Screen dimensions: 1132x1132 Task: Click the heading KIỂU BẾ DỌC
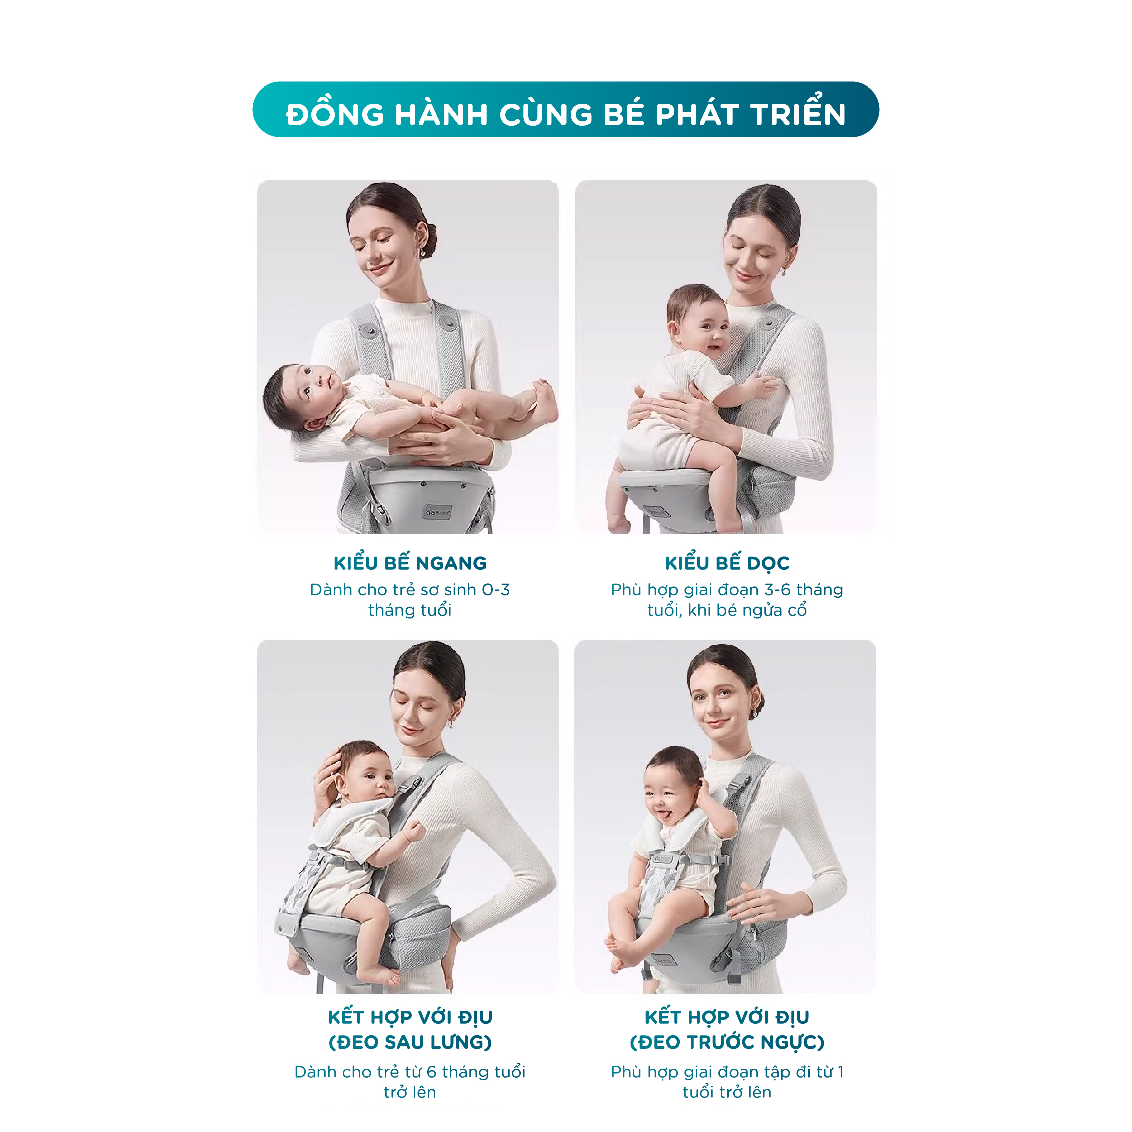pos(727,563)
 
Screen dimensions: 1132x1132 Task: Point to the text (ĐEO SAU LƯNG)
pos(410,1042)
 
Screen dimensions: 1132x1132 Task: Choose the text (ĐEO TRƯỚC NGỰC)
pos(727,1042)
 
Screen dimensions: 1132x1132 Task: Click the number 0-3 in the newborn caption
pos(496,590)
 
